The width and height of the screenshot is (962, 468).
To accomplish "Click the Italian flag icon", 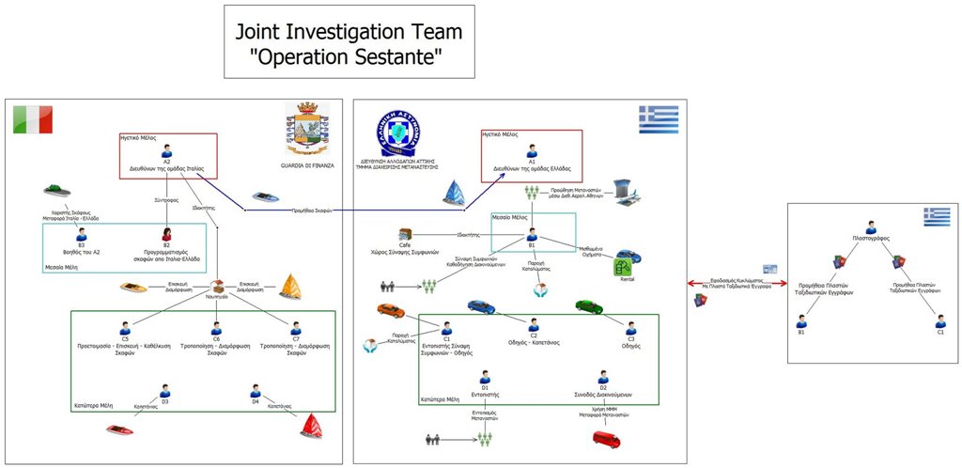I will [33, 119].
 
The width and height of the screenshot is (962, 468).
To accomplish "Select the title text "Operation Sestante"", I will [349, 59].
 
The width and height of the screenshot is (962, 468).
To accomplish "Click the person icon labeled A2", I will [166, 149].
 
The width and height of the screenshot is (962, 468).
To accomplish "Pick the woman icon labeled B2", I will [166, 234].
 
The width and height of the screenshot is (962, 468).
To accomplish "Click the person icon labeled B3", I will [81, 234].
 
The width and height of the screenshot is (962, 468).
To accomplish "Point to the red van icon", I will [606, 438].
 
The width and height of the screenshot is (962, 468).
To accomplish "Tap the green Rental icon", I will [622, 268].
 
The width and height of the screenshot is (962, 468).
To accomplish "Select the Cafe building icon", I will [405, 234].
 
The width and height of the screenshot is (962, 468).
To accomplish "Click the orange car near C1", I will [390, 309].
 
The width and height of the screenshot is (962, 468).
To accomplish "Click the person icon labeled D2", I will [603, 377].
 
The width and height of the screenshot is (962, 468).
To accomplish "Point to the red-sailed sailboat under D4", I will [312, 428].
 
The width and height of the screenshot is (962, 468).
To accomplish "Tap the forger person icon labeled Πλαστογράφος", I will [871, 226].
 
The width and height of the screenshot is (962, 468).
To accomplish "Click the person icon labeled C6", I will [216, 327].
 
